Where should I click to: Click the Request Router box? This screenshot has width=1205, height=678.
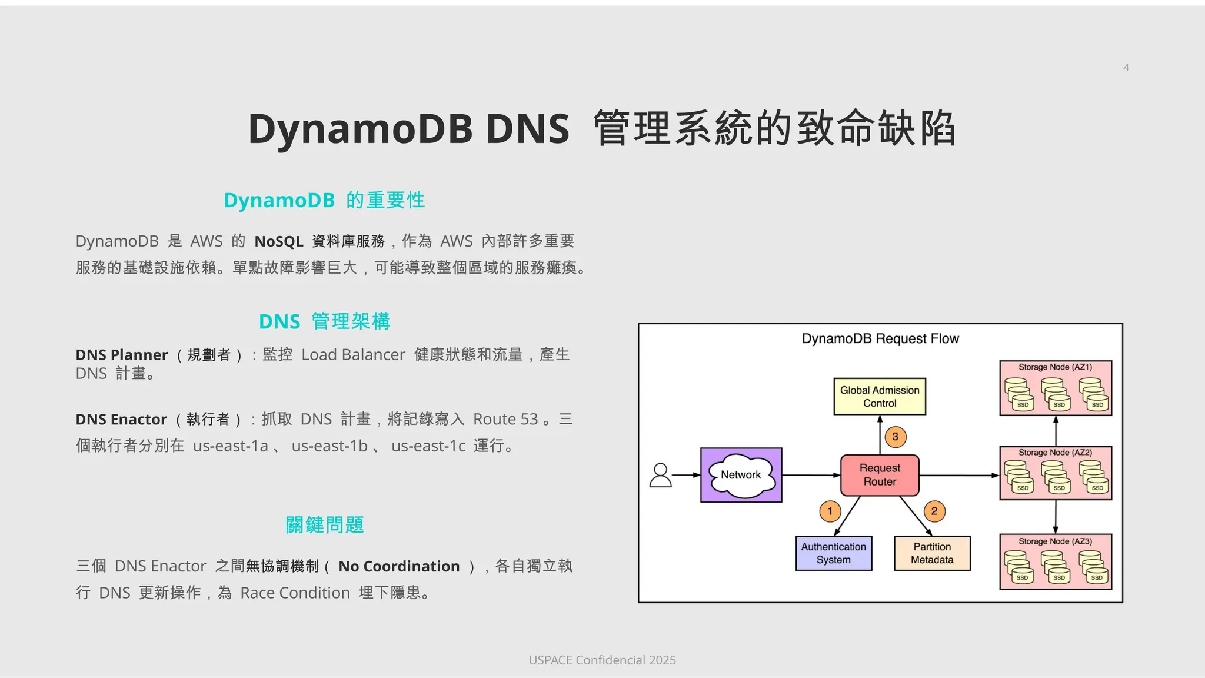pos(880,475)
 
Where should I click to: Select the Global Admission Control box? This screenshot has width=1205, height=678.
pos(880,397)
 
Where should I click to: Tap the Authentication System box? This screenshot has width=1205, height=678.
pos(833,553)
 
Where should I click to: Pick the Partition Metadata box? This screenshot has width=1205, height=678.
pos(932,553)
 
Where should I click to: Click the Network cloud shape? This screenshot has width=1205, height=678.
pos(741,475)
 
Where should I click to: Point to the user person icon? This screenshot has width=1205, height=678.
pos(660,475)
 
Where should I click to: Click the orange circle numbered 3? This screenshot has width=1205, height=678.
pos(895,437)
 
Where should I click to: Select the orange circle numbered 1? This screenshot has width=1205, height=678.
pos(830,511)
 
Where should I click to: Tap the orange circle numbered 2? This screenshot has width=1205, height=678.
pos(934,511)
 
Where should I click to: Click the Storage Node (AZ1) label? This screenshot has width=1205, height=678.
pos(1055,367)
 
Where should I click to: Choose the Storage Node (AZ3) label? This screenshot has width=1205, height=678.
pos(1055,541)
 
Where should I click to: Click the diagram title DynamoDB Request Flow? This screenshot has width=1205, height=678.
pos(880,339)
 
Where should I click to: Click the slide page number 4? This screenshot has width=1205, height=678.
pos(1126,68)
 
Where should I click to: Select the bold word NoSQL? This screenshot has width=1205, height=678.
pos(278,241)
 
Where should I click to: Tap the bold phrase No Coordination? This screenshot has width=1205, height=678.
pos(399,566)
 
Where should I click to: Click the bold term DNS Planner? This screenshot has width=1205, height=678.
pos(122,355)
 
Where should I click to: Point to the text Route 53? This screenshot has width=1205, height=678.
pos(505,419)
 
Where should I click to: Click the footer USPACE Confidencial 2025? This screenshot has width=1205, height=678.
pos(602,660)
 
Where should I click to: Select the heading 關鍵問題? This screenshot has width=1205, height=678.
pos(325,525)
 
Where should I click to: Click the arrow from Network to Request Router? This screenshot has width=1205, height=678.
pos(811,475)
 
